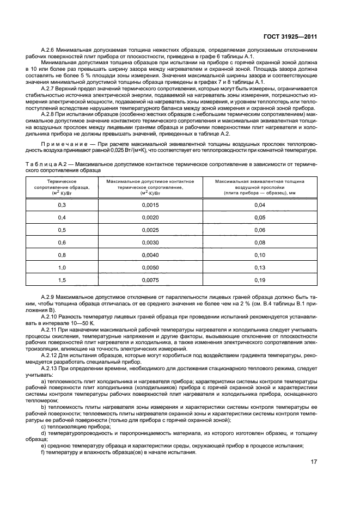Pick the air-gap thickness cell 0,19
point(259,280)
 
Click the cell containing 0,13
point(259,267)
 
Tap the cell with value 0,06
point(259,229)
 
